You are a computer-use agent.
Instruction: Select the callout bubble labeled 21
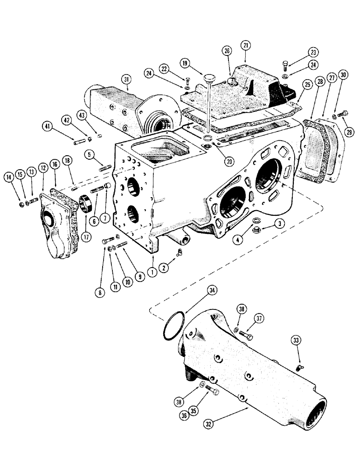click(x=246, y=46)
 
